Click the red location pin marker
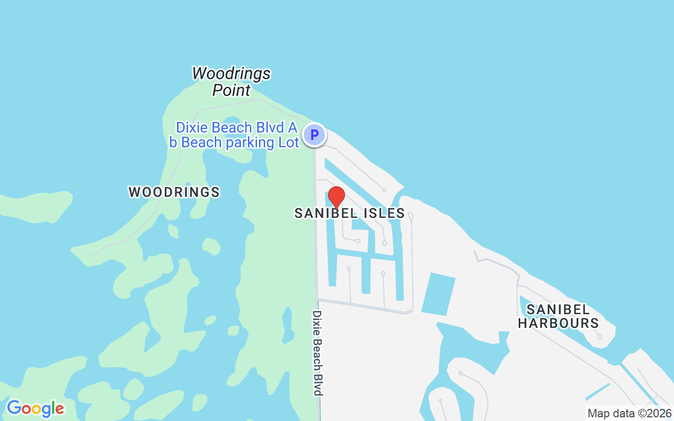click(336, 197)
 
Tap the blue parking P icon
click(314, 135)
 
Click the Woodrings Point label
click(231, 82)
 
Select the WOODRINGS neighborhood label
click(174, 192)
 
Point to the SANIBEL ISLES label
click(350, 213)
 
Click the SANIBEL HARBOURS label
click(558, 316)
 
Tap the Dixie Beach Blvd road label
click(317, 353)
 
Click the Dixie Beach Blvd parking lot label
click(234, 135)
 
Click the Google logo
click(35, 408)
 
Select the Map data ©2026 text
click(629, 413)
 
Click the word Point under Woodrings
click(231, 90)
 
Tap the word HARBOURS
click(558, 323)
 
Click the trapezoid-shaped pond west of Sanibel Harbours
click(438, 294)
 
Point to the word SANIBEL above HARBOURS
click(558, 309)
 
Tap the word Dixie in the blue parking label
click(193, 128)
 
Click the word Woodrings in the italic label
click(231, 73)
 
